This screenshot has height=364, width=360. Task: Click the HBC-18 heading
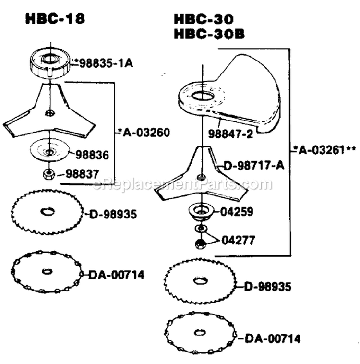click(55, 19)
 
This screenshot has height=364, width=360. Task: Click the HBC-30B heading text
click(209, 34)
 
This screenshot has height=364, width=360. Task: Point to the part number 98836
click(92, 155)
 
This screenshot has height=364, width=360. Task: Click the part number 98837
click(83, 174)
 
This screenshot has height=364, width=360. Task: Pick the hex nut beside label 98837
click(49, 174)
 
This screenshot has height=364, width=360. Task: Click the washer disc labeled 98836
click(49, 152)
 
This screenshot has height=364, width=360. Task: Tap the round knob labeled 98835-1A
click(50, 61)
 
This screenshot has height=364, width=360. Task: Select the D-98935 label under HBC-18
click(113, 214)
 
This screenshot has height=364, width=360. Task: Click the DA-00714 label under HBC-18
click(116, 275)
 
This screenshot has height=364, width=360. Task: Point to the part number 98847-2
click(230, 134)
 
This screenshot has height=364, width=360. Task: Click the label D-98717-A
click(254, 166)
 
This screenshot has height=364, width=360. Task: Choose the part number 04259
click(237, 212)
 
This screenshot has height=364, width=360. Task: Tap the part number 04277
click(239, 240)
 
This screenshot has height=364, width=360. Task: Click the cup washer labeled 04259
click(201, 211)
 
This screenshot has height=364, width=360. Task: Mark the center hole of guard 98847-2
click(202, 96)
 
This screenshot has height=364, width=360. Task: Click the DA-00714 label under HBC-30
click(273, 339)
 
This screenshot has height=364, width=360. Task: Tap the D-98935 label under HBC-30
click(268, 287)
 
